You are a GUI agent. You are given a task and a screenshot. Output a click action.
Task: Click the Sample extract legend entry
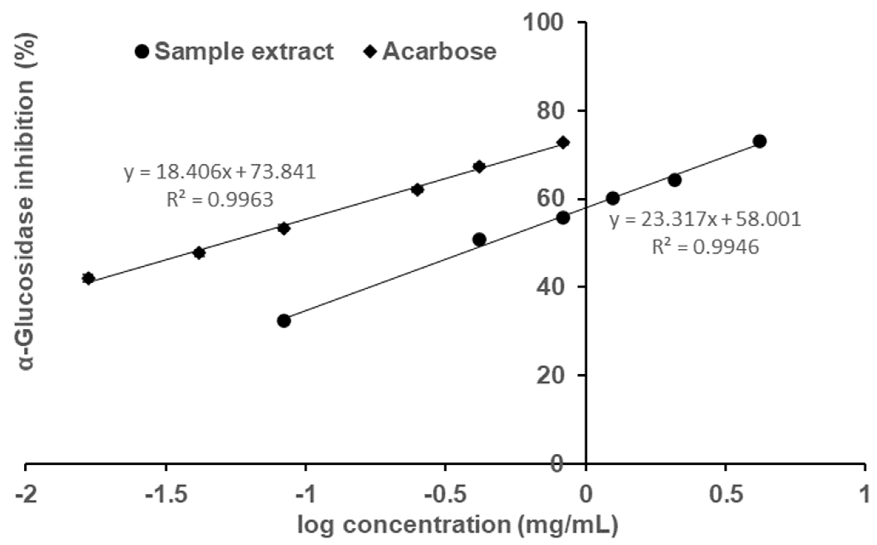(234, 52)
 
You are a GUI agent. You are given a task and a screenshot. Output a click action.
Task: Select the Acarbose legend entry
(431, 52)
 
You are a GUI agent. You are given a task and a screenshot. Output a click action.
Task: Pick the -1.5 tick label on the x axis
(166, 495)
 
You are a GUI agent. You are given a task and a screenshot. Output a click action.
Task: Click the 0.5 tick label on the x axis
(726, 495)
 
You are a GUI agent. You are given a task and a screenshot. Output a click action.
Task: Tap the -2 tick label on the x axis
(26, 495)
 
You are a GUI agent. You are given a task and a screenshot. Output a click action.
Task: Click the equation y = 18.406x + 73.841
(220, 172)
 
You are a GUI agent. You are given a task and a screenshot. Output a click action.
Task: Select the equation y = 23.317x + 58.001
(705, 220)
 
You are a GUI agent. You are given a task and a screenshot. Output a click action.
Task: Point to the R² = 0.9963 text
(220, 199)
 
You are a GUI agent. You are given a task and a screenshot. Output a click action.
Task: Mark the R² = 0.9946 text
(705, 247)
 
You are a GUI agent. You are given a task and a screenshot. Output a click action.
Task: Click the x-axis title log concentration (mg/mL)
(458, 526)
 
